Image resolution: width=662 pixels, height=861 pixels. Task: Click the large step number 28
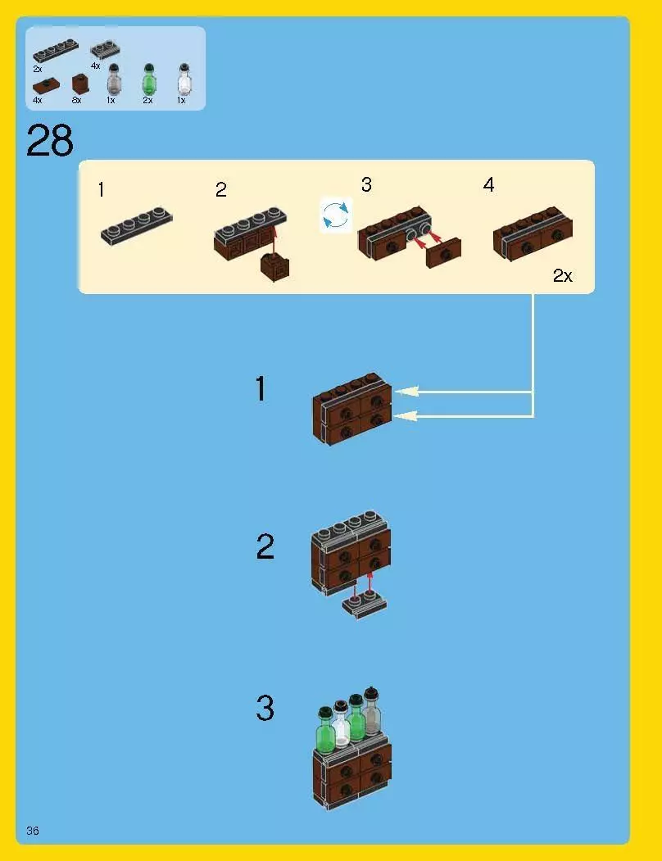click(49, 141)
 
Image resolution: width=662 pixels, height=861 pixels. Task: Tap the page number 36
click(33, 830)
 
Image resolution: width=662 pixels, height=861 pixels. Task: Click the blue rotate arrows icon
click(336, 215)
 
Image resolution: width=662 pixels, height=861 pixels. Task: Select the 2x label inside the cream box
click(563, 275)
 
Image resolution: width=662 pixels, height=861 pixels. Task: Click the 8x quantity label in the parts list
click(76, 100)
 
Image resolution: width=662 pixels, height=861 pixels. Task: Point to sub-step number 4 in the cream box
click(489, 185)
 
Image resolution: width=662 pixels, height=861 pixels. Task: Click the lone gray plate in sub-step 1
click(137, 225)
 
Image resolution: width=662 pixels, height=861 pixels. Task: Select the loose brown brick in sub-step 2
click(274, 267)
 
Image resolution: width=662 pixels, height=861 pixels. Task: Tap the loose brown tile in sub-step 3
click(443, 253)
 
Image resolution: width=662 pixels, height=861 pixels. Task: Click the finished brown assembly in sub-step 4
click(533, 233)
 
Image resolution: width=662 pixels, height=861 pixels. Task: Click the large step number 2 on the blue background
click(265, 547)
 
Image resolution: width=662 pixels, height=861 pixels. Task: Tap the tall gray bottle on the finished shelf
click(372, 711)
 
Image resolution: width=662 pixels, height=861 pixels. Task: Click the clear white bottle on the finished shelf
click(341, 725)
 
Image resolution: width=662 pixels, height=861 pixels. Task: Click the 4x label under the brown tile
click(38, 101)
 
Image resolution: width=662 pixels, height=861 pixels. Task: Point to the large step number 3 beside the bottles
click(265, 708)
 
